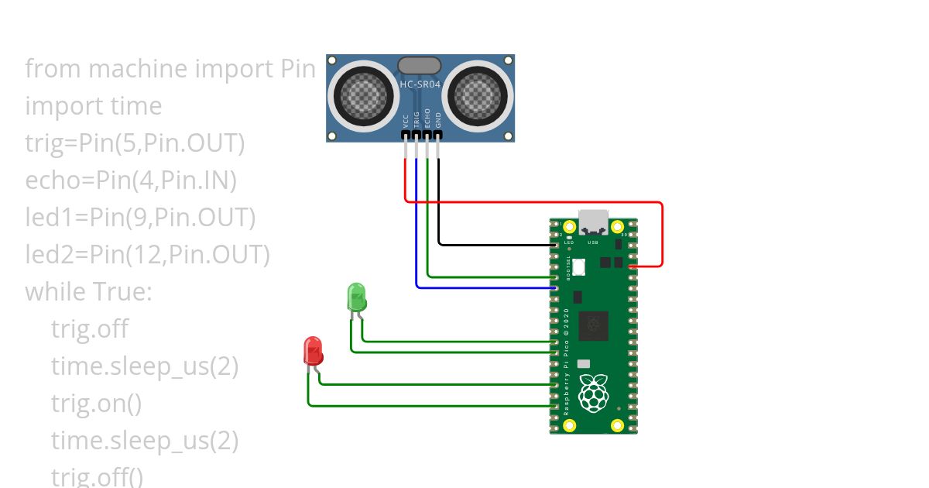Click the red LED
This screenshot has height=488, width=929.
point(313,351)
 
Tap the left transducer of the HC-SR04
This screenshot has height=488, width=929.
point(362,96)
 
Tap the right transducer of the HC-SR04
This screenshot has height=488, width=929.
point(480,96)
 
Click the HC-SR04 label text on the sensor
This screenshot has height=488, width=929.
point(421,84)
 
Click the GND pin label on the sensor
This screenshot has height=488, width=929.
point(438,119)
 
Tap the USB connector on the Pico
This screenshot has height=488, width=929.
point(594,222)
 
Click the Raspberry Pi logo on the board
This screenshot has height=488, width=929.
point(594,393)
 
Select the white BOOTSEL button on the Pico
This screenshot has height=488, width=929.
point(579,266)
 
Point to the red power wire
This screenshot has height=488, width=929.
point(534,202)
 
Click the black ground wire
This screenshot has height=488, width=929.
point(495,245)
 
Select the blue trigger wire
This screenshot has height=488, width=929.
point(480,287)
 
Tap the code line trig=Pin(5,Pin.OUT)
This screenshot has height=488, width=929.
point(135,143)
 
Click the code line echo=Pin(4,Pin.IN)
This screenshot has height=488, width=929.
point(131,180)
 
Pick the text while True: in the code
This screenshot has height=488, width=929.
point(89,292)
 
